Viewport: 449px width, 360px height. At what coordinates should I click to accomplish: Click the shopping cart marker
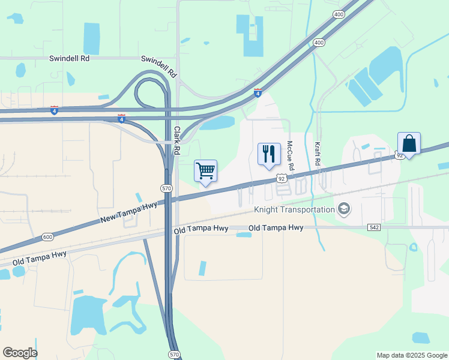coord(205,171)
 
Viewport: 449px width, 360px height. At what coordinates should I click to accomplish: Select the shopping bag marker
coord(409,144)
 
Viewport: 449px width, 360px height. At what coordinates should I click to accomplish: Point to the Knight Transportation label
coord(294,209)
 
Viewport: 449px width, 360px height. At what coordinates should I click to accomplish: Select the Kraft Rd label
coord(317,154)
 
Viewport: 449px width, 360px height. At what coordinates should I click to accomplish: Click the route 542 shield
coord(374,228)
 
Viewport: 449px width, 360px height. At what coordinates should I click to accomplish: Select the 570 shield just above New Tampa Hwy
coord(166,188)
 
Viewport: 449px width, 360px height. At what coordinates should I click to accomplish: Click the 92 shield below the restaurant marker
coord(282,178)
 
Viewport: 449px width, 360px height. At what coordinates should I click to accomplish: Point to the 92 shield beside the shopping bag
coord(400,155)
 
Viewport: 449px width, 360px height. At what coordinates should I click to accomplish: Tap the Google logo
coord(20,353)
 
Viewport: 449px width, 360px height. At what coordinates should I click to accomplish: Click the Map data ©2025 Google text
coord(411,355)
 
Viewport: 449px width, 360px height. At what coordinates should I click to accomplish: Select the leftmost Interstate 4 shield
coord(55,110)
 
